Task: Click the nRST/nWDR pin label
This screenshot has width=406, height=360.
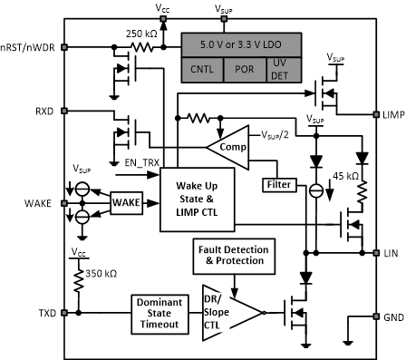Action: tap(28, 45)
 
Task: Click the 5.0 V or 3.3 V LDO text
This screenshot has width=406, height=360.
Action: tap(233, 43)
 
